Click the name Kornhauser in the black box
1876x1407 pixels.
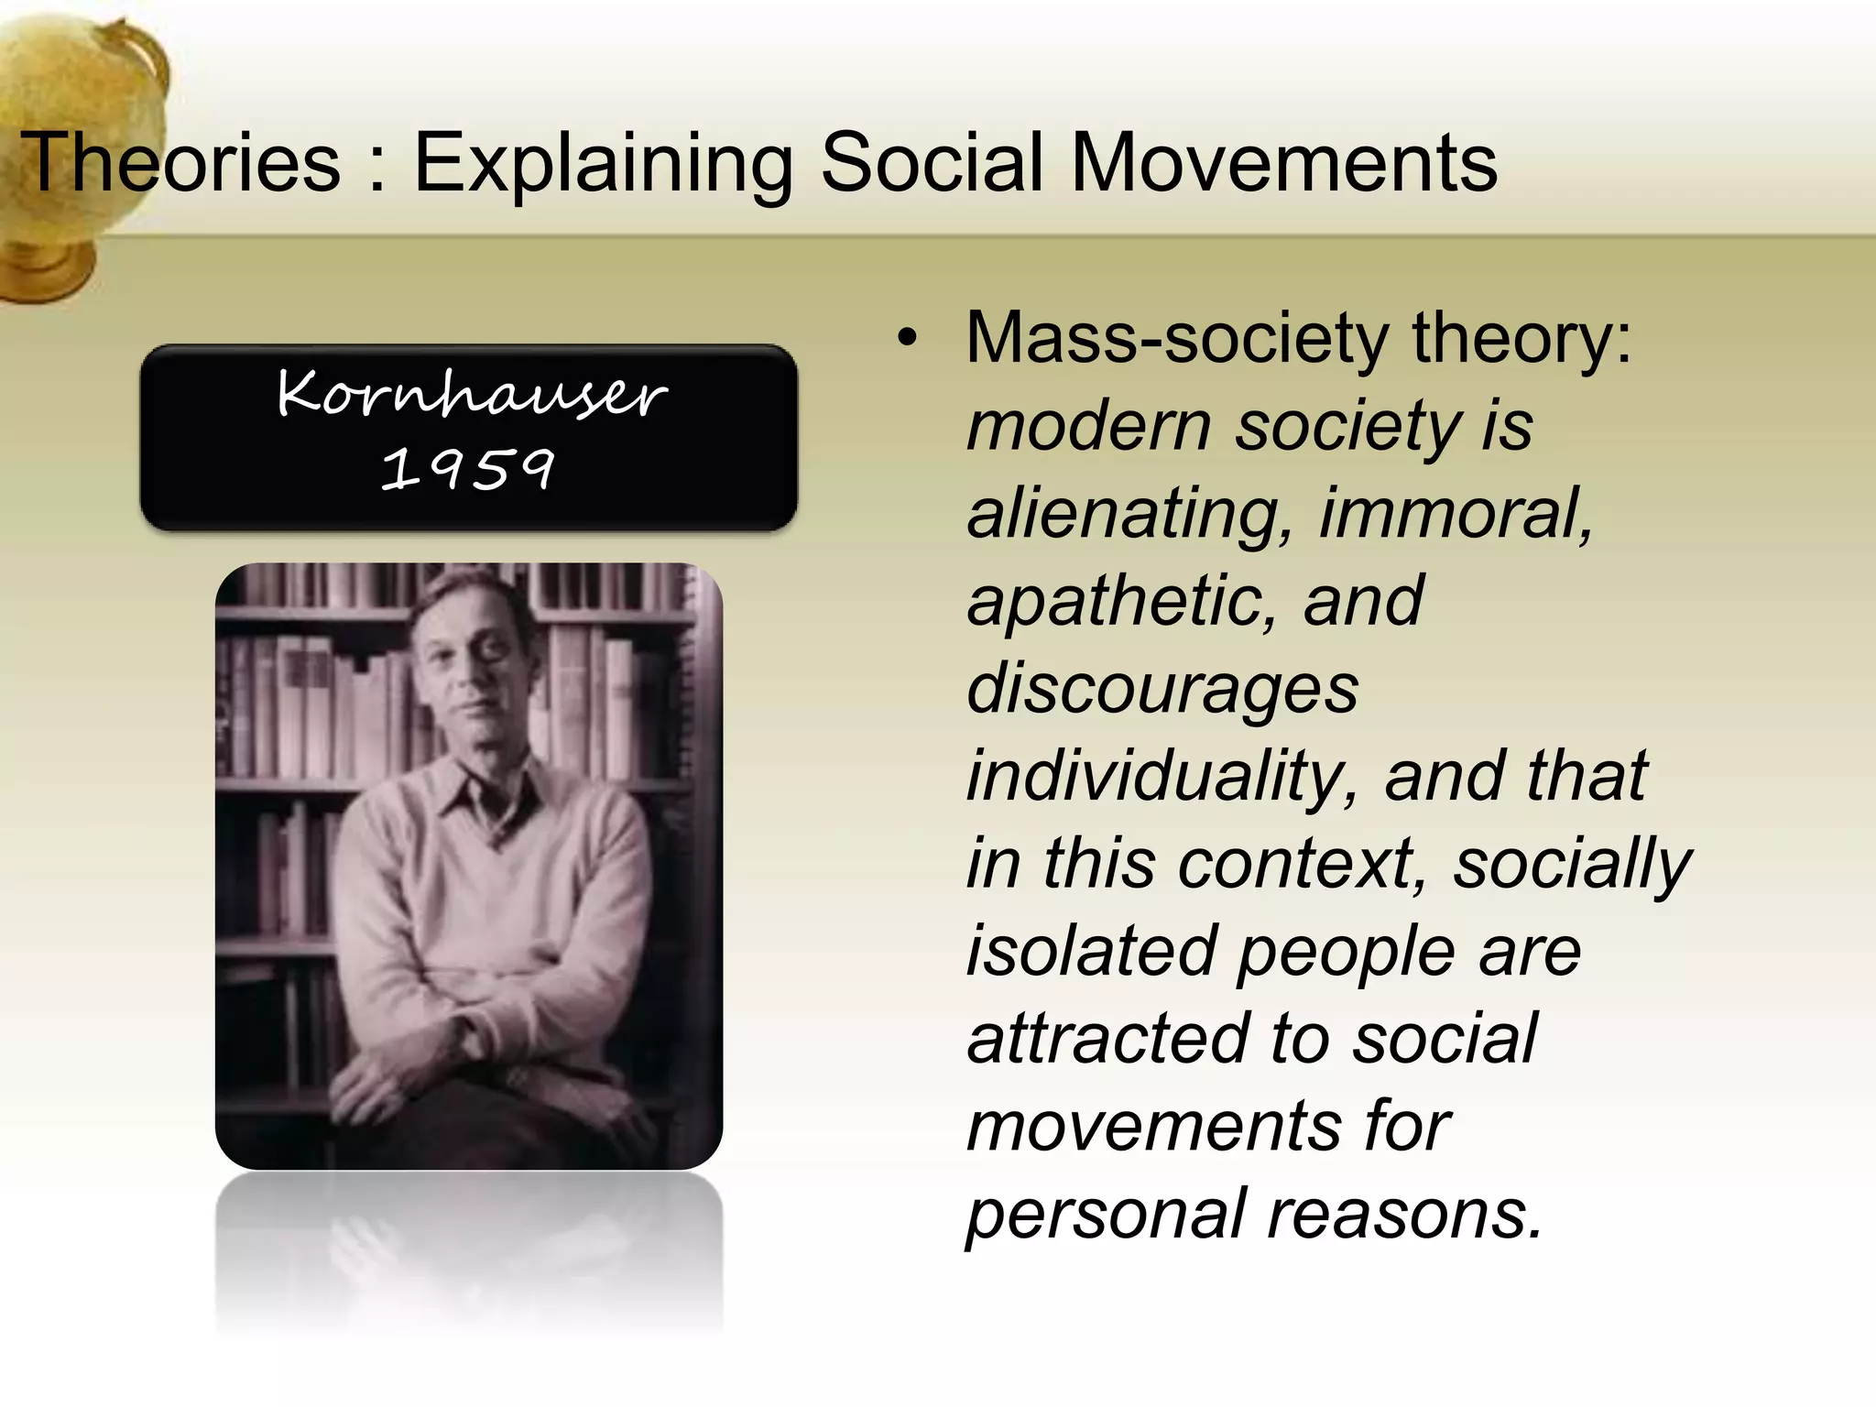coord(471,394)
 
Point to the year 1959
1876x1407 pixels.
coord(467,469)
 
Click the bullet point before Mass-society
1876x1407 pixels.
coord(906,340)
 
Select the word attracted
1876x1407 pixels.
coord(1108,1038)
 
